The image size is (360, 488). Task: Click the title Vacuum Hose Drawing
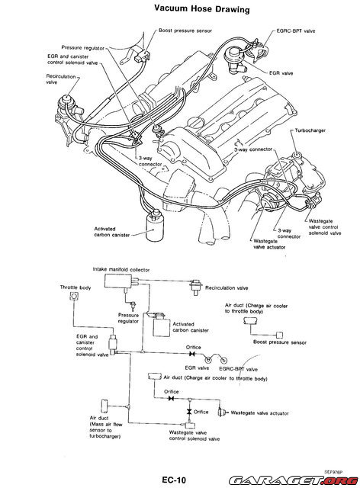point(180,8)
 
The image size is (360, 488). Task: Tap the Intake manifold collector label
point(121,269)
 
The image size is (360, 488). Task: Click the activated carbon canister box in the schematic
point(161,324)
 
